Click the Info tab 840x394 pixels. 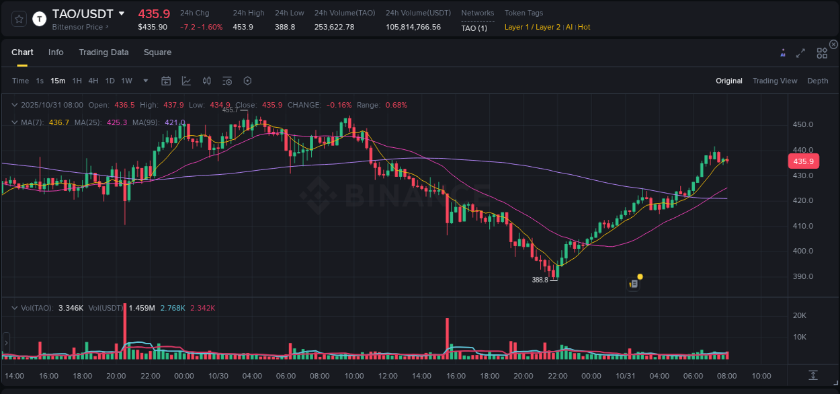coord(56,52)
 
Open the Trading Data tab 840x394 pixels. coord(103,52)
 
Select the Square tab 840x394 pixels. coord(157,52)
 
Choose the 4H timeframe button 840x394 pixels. coord(93,81)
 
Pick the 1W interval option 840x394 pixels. coord(126,81)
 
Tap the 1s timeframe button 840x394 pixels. coord(40,81)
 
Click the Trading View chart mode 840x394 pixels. coord(775,81)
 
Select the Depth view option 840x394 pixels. coord(818,81)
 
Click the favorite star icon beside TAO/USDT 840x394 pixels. coord(19,19)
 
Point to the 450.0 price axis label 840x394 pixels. coord(803,124)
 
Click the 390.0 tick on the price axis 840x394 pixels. coord(803,276)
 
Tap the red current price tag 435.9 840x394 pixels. coord(803,161)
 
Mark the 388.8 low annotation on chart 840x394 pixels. coord(540,280)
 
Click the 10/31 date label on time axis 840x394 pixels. coord(626,376)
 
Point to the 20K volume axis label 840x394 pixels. coord(800,315)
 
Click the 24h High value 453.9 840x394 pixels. coord(243,27)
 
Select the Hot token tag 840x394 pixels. coord(584,27)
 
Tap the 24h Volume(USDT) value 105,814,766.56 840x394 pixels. coord(413,27)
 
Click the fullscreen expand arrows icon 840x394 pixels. coord(800,53)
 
